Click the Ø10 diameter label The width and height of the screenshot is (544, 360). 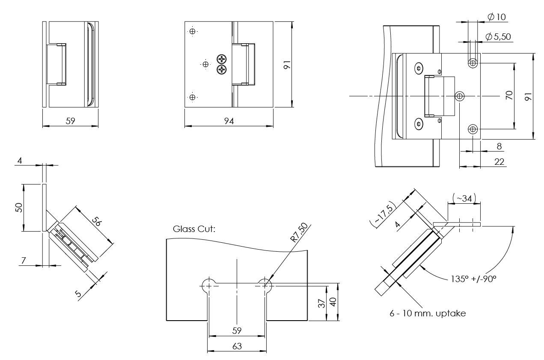click(496, 17)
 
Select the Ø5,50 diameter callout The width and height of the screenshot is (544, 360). click(498, 37)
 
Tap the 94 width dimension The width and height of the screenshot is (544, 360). click(229, 122)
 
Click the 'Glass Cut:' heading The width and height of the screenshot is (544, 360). click(194, 229)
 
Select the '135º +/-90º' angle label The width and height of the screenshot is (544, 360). click(473, 278)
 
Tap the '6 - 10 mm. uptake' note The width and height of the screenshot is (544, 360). click(428, 313)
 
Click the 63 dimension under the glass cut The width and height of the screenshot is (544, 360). click(237, 346)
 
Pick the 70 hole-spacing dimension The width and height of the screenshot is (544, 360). click(509, 95)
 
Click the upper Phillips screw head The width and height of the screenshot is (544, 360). click(222, 59)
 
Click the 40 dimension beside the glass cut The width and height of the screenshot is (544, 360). click(333, 302)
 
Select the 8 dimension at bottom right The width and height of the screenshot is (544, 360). click(499, 146)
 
